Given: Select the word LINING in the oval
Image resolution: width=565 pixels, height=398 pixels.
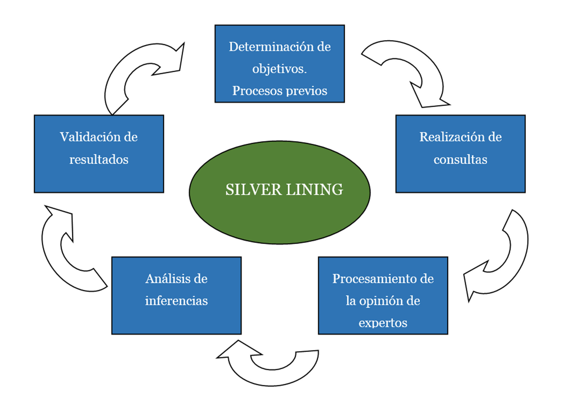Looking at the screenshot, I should [314, 189].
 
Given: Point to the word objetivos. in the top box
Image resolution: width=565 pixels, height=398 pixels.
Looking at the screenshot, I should [279, 69].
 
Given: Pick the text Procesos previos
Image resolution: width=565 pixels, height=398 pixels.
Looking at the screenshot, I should [279, 91].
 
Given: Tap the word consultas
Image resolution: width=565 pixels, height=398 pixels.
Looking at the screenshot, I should [460, 159].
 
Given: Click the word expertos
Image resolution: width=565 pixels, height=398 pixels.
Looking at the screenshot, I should [383, 323].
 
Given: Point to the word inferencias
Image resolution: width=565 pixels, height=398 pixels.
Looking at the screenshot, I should [176, 300].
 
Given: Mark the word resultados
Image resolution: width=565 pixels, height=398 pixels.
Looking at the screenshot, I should [99, 159].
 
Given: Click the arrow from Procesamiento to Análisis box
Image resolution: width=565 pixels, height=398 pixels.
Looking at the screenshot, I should [272, 377].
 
